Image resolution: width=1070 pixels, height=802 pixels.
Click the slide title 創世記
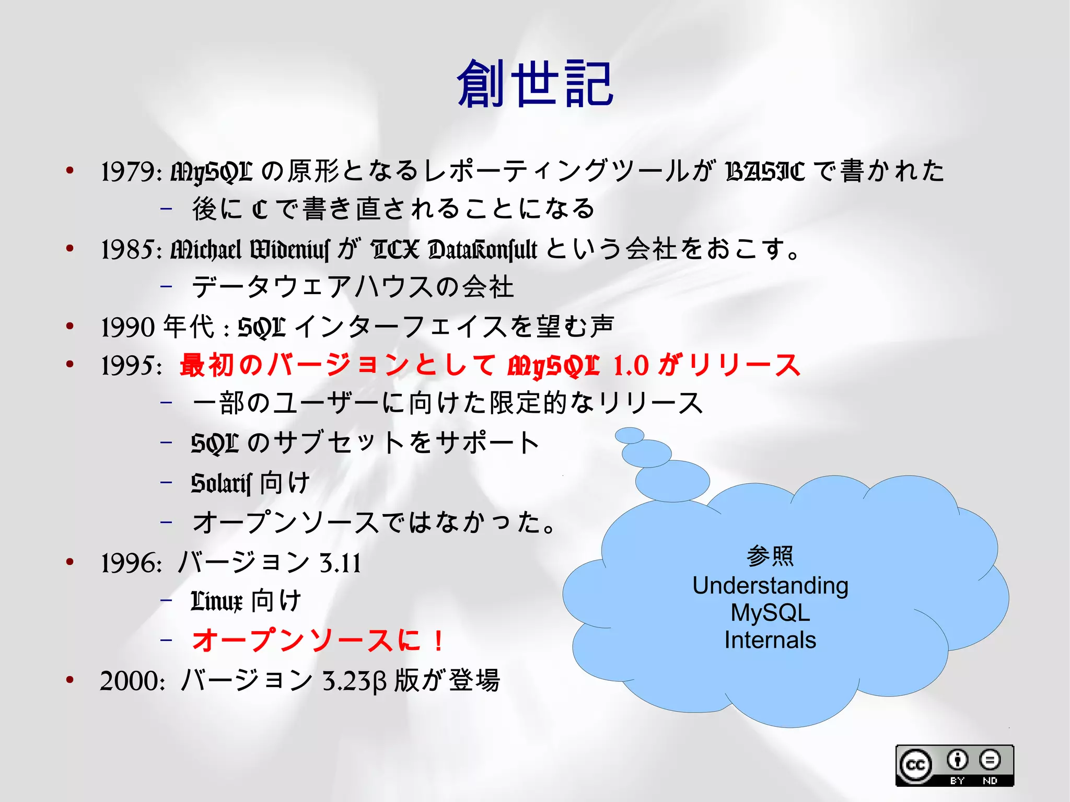535,84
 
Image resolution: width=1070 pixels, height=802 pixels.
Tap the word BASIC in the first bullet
765,171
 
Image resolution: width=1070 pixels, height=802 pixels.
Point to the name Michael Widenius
250,250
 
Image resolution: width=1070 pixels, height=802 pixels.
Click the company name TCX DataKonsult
453,250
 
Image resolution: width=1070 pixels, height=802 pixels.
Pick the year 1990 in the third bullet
129,327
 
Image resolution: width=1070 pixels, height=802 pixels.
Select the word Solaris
221,483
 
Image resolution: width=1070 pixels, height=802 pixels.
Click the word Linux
216,601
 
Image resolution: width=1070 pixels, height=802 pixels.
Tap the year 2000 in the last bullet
132,681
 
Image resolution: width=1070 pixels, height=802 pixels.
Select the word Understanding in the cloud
770,586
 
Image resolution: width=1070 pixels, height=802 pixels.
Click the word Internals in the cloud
770,640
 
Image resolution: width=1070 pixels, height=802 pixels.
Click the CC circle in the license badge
915,765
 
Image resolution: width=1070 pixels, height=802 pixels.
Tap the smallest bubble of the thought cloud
629,435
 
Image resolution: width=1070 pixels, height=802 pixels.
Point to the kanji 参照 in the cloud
770,556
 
